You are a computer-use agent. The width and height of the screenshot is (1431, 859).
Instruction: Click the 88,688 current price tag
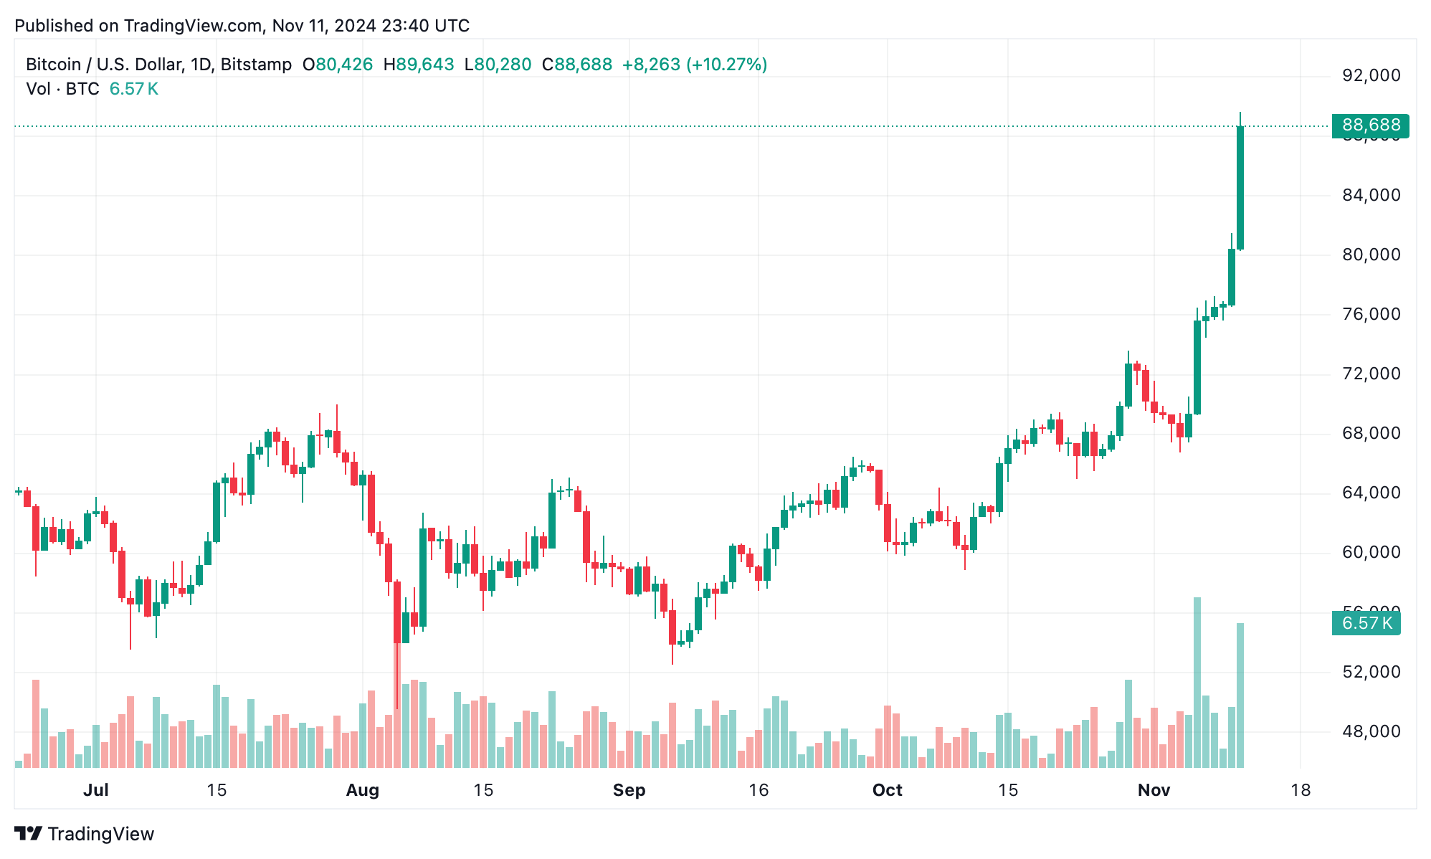point(1369,125)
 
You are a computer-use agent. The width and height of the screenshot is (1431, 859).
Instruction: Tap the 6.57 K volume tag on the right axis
point(1366,622)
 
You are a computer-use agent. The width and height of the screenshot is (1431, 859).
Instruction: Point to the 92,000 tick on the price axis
point(1370,75)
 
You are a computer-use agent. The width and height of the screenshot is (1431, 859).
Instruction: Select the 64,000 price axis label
point(1370,493)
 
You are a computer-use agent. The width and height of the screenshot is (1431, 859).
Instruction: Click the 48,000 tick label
point(1370,731)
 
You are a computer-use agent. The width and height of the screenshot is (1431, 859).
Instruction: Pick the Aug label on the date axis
point(362,790)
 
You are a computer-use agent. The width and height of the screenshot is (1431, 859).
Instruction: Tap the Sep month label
point(629,790)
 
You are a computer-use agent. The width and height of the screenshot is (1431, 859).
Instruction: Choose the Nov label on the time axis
point(1154,790)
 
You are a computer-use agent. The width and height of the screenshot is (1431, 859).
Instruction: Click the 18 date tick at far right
point(1300,790)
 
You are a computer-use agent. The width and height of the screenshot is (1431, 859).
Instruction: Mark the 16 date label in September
point(758,790)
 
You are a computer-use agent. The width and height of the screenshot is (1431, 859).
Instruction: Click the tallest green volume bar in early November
point(1197,681)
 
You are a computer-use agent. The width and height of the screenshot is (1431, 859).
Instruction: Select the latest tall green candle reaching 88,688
point(1240,188)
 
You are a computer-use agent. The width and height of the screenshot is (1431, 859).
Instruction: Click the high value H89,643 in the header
point(419,65)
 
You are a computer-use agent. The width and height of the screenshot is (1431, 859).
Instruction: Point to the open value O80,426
point(338,65)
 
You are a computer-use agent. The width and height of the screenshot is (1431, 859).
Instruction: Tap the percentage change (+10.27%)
point(726,65)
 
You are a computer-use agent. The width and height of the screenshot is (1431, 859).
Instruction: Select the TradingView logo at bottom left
point(85,834)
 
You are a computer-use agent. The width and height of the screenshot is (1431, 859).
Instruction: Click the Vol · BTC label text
point(62,89)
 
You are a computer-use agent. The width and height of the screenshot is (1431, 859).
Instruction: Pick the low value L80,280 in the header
point(498,65)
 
